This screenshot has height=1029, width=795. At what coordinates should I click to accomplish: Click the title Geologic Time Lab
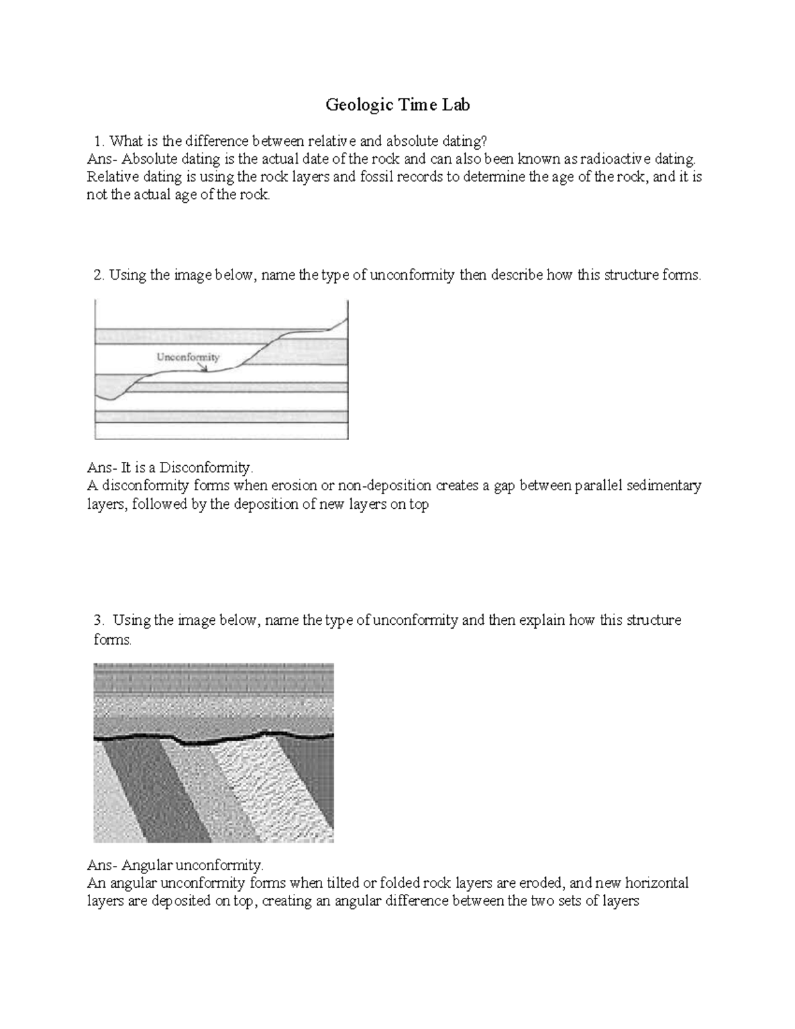(397, 105)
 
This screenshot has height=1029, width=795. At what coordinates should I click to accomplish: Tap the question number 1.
(99, 140)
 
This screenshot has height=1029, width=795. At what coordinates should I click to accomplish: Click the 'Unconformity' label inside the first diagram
(187, 357)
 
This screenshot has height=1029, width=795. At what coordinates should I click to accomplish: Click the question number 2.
(99, 275)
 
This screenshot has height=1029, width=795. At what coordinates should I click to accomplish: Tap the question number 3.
(99, 620)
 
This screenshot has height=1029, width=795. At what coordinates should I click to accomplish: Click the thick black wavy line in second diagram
(219, 739)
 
